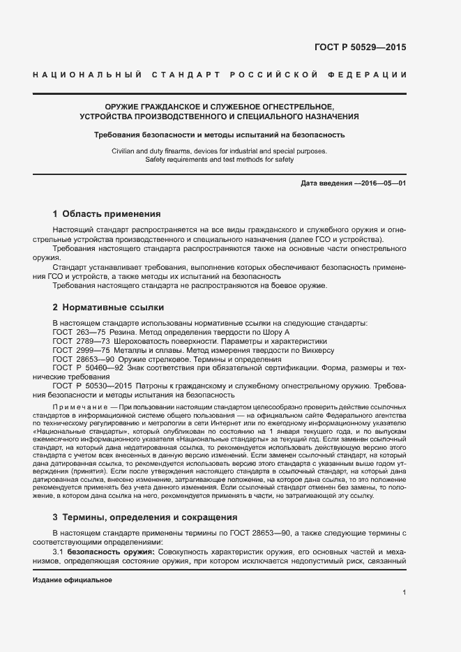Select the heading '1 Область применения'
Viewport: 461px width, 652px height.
pos(107,214)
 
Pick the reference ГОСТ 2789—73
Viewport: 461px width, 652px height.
pos(79,342)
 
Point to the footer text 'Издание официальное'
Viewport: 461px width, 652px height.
pos(73,580)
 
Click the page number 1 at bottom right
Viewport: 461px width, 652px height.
pos(405,593)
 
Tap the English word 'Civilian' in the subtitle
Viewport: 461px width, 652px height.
pos(124,151)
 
